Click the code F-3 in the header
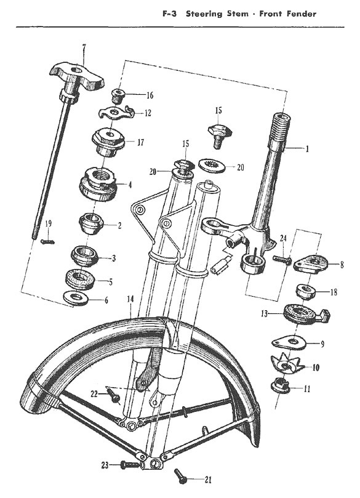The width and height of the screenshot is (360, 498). click(170, 14)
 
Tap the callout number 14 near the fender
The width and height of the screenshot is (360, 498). click(130, 299)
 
